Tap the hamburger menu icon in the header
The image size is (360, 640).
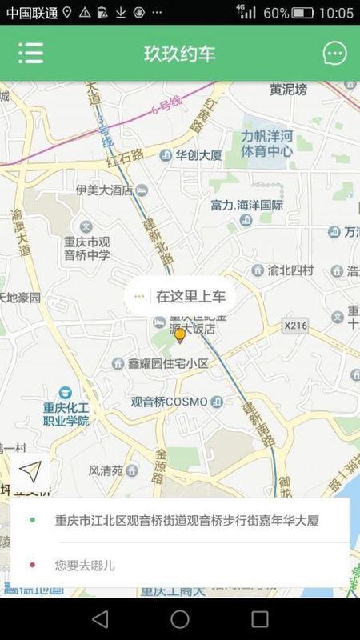[x=31, y=53]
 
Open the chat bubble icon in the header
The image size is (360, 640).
[x=334, y=54]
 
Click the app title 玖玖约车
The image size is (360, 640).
[x=179, y=54]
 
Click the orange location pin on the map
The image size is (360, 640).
[x=180, y=335]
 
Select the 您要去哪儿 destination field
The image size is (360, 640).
[x=85, y=566]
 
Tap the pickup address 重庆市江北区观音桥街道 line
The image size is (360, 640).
[x=186, y=521]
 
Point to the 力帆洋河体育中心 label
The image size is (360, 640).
[x=266, y=142]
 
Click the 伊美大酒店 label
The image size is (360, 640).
[x=104, y=190]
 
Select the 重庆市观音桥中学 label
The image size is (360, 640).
[x=86, y=248]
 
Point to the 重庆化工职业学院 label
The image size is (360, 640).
[x=66, y=413]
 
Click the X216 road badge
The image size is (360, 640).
[x=295, y=326]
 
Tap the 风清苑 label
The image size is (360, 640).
[x=105, y=470]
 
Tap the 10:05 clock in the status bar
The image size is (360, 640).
[x=336, y=13]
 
